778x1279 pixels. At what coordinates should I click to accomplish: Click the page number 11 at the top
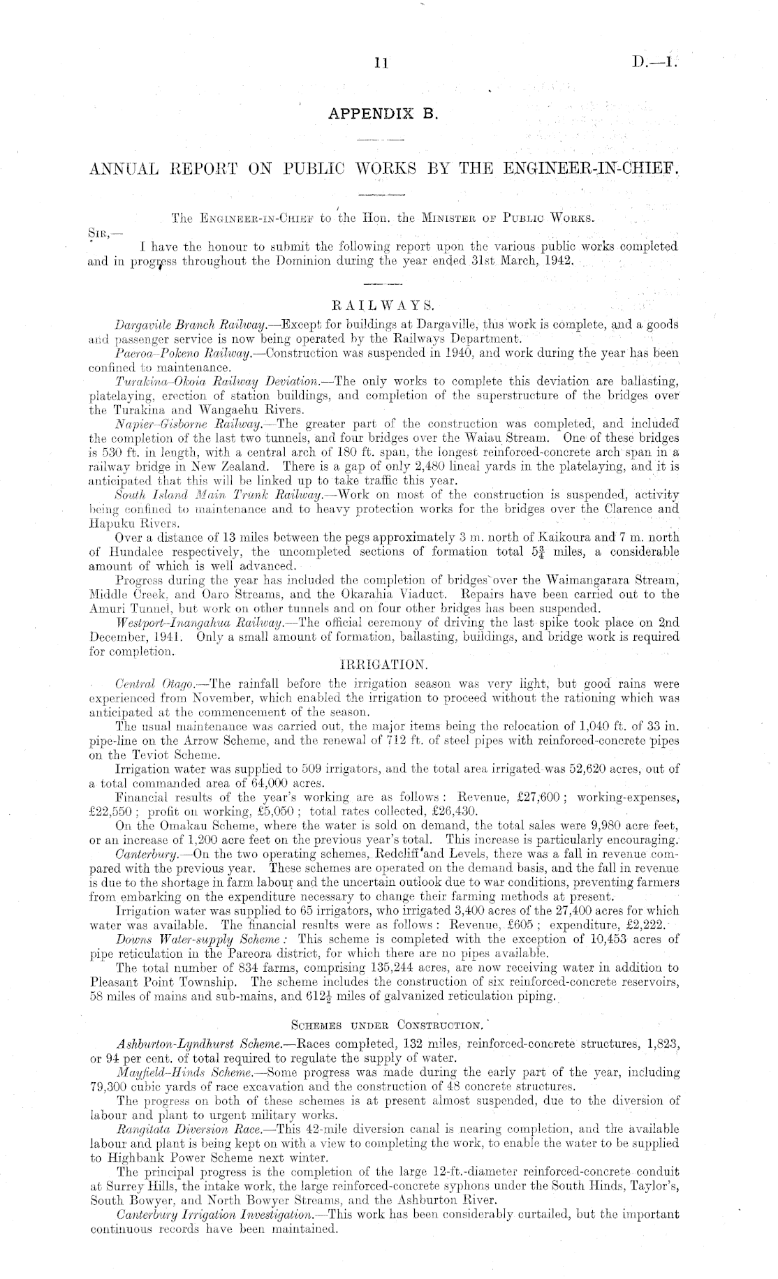tap(381, 63)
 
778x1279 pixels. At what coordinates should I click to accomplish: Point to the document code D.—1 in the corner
tap(653, 61)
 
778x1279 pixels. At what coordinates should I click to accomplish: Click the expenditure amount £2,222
tap(649, 925)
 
